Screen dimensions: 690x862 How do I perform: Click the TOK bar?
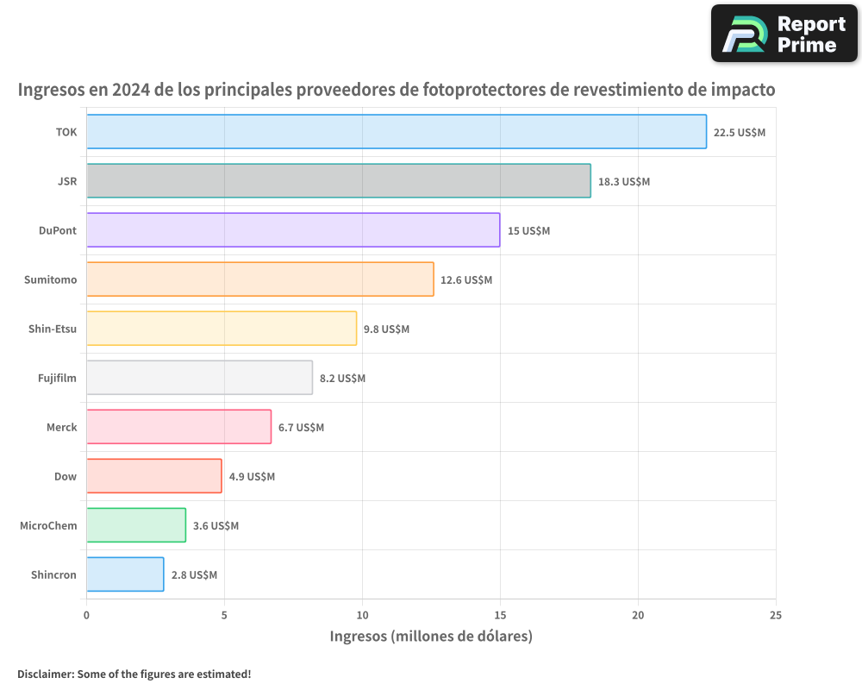tap(397, 132)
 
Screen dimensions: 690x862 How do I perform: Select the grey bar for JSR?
tap(339, 181)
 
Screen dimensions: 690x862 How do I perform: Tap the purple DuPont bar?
tap(293, 230)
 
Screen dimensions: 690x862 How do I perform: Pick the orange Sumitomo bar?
tap(260, 279)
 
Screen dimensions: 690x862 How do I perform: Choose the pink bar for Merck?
tap(179, 427)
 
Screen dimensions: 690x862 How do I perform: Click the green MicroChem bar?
tap(136, 525)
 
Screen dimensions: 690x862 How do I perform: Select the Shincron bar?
tap(125, 574)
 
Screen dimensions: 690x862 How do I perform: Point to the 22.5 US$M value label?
tap(740, 133)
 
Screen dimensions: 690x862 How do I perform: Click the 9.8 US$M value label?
tap(386, 329)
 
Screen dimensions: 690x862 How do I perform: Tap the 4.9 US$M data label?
tap(252, 477)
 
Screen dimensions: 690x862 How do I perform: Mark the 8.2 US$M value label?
tap(342, 379)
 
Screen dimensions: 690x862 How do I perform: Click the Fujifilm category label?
tap(57, 379)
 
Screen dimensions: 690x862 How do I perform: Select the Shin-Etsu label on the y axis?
tap(53, 329)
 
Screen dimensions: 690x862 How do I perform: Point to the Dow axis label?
tap(66, 477)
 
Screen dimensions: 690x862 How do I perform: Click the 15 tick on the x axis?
tap(500, 615)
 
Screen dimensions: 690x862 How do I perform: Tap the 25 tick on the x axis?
tap(776, 615)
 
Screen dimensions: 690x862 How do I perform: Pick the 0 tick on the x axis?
tap(86, 615)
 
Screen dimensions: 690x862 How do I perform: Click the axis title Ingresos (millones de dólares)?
tap(431, 637)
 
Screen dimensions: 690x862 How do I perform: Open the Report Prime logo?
tap(784, 34)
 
